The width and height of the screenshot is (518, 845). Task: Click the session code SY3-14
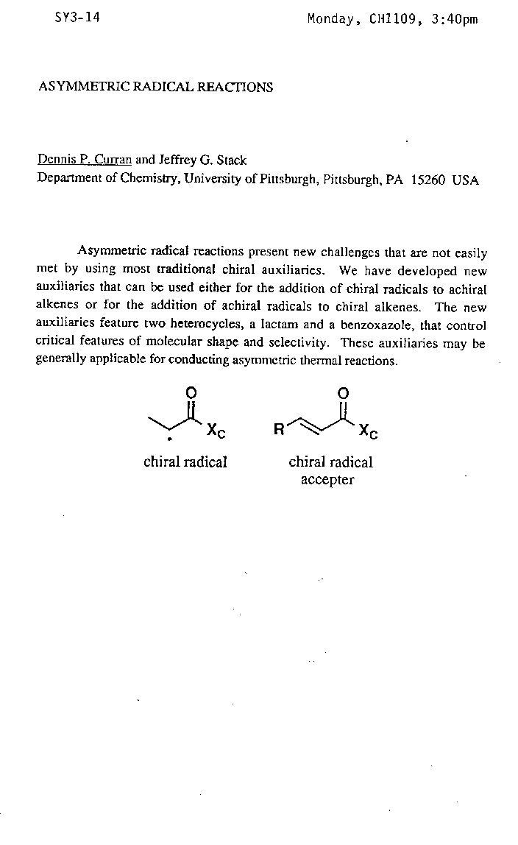pyautogui.click(x=78, y=18)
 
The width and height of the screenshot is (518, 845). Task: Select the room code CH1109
pyautogui.click(x=393, y=19)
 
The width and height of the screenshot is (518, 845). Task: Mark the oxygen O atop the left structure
pyautogui.click(x=191, y=394)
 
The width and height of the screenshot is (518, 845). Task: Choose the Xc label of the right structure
pyautogui.click(x=369, y=432)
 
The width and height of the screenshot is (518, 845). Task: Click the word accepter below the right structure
pyautogui.click(x=327, y=480)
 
